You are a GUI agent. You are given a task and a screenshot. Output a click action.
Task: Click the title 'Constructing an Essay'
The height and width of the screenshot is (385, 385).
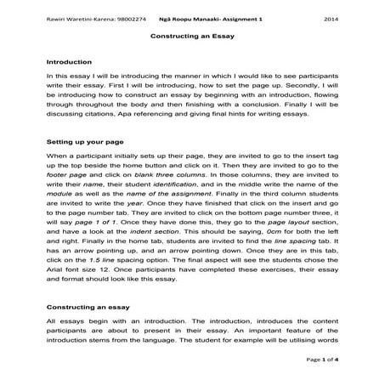coord(192,38)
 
